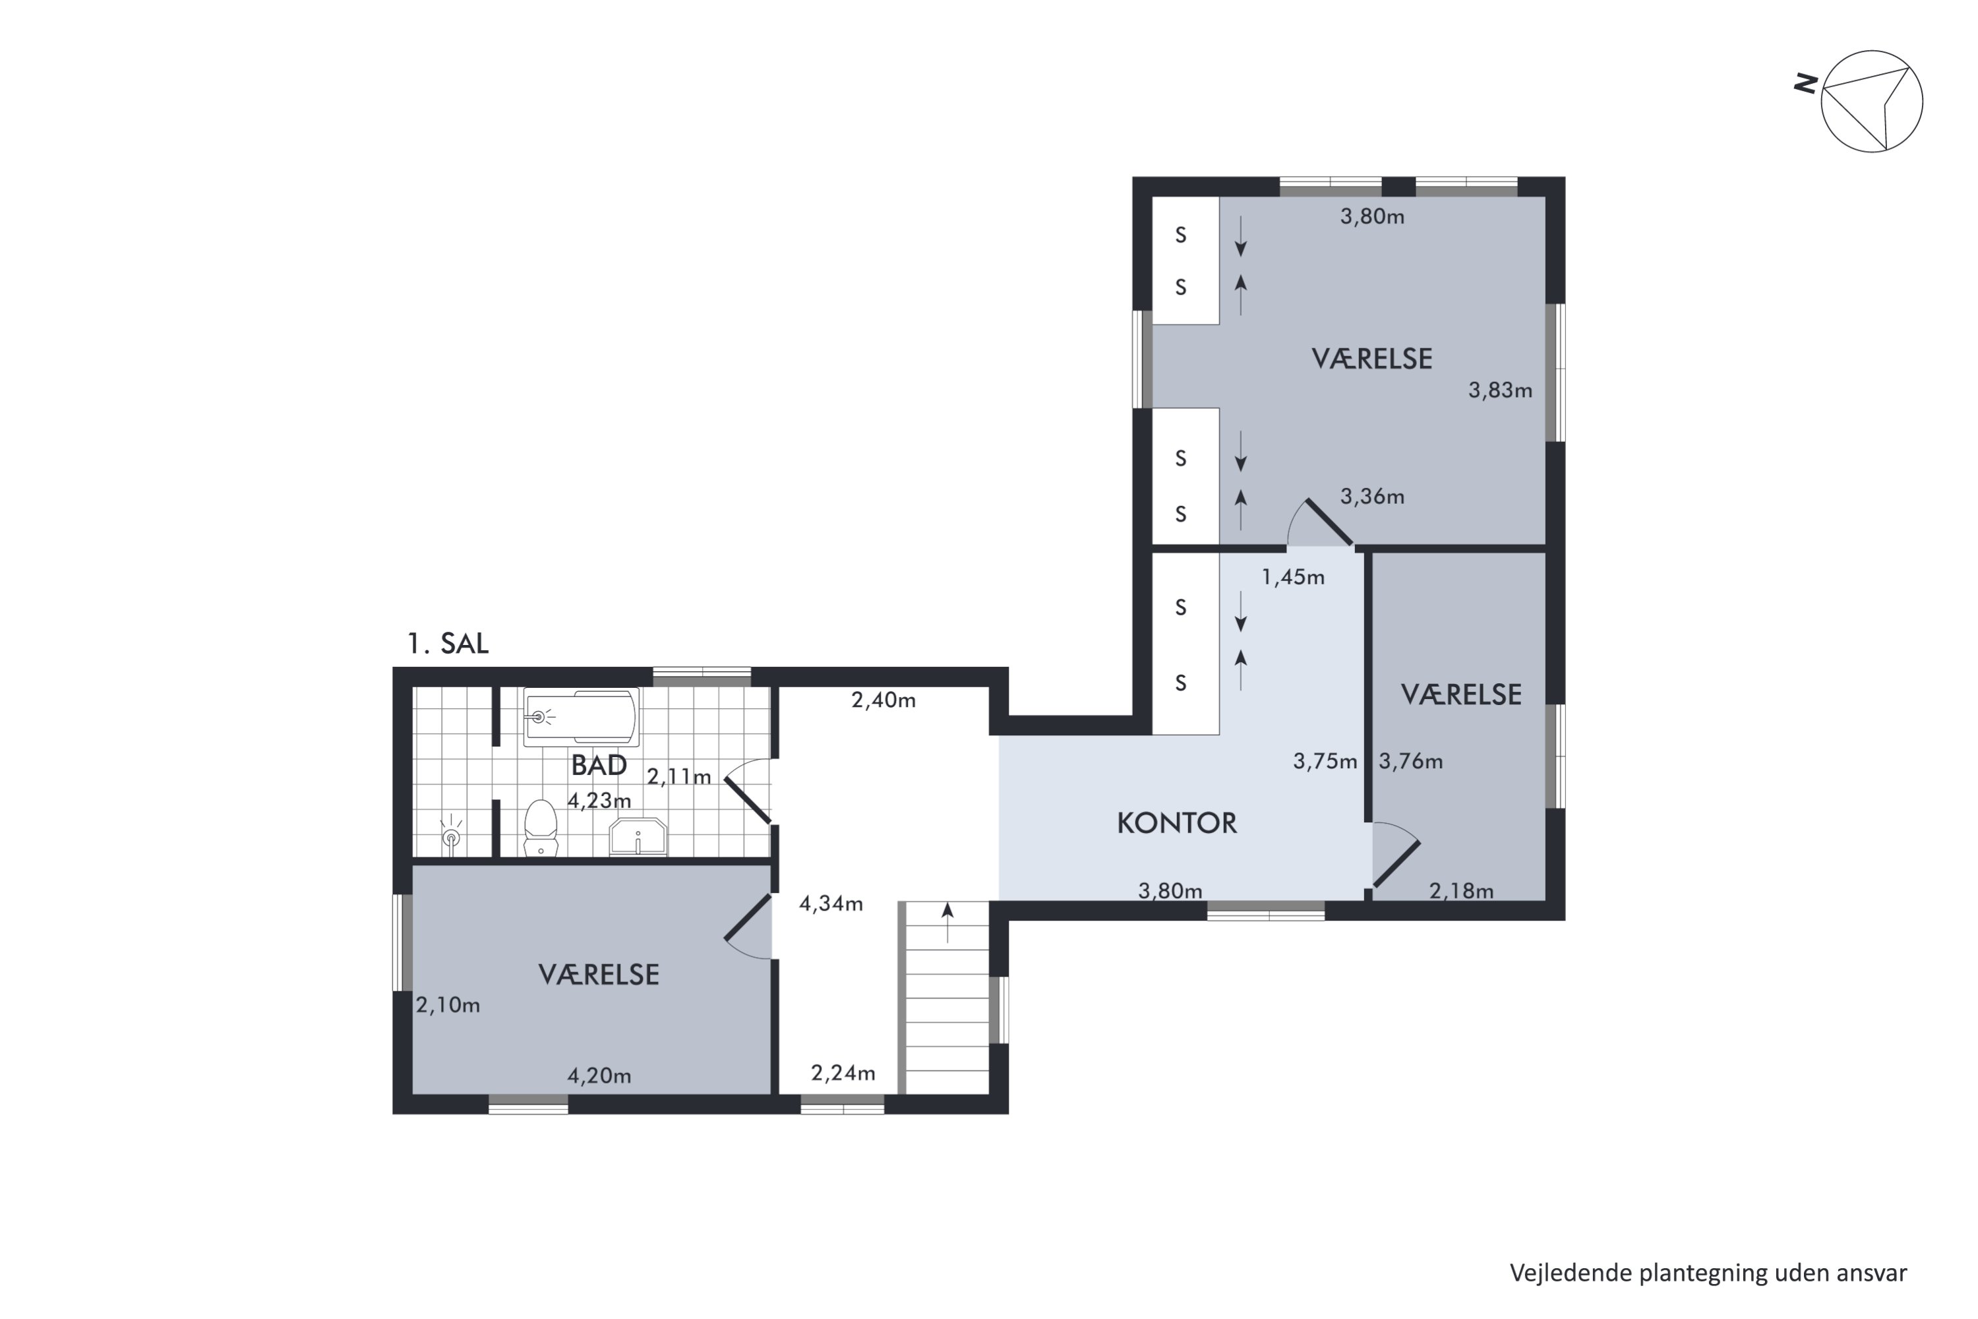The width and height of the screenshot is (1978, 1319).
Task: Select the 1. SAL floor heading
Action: click(x=448, y=644)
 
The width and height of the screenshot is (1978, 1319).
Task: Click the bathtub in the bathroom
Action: click(x=581, y=717)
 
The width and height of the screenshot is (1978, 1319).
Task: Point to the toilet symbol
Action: click(x=541, y=828)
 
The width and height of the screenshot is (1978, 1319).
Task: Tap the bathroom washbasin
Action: click(x=638, y=836)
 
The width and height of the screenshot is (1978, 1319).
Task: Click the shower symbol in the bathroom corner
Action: click(x=452, y=834)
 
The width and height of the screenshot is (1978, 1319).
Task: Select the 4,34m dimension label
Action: click(x=831, y=904)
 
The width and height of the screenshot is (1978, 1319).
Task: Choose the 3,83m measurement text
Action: click(x=1501, y=390)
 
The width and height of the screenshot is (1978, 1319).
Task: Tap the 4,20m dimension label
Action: click(x=599, y=1076)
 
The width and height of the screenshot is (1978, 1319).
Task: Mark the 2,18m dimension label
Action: click(x=1462, y=891)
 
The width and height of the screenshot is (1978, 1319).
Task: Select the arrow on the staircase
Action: click(x=948, y=922)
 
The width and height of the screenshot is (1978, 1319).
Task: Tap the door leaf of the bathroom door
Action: click(x=748, y=800)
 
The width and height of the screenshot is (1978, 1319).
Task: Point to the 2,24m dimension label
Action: click(x=843, y=1074)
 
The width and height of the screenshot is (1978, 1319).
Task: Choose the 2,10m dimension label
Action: click(x=448, y=1005)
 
